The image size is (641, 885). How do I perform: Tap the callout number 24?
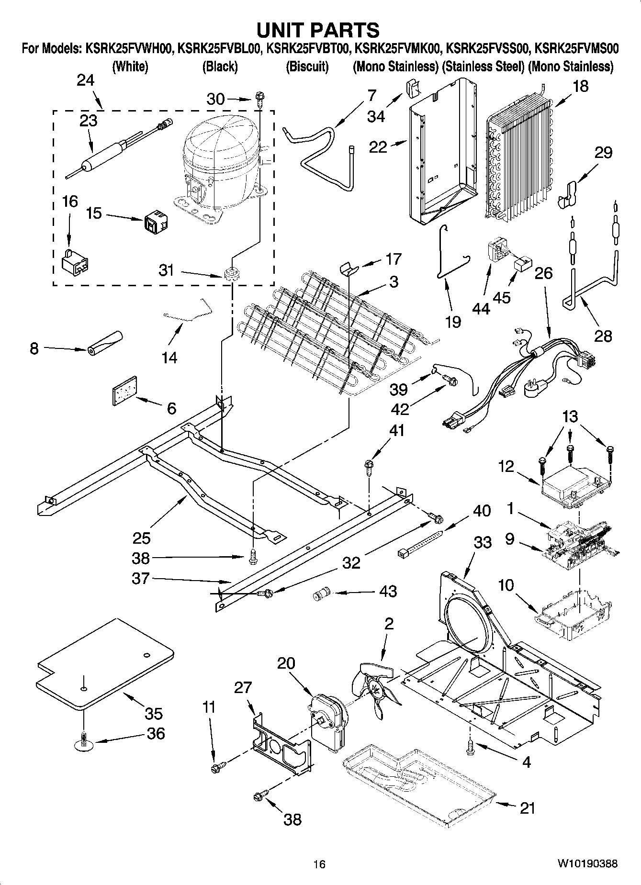(x=86, y=80)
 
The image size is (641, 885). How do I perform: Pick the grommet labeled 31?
(x=231, y=275)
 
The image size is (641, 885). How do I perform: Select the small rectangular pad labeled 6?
(x=124, y=391)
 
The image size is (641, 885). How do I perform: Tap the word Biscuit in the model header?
(x=307, y=67)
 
